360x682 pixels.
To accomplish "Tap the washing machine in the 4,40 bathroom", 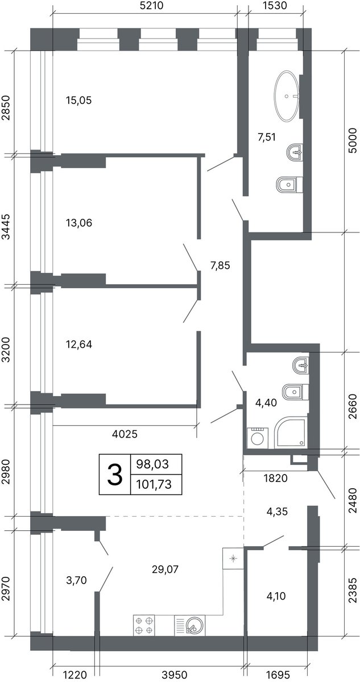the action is (257, 438).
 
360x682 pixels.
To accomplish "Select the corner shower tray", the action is (290, 434).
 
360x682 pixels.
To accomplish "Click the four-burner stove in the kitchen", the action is (144, 625).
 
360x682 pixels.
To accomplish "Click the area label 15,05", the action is (79, 100).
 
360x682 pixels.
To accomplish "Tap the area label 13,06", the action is (79, 223).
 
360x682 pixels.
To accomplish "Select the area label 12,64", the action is (79, 344).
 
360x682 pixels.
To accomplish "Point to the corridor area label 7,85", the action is (220, 265).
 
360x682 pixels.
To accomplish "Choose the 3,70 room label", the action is (76, 580).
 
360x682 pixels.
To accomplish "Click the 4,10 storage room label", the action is (276, 596).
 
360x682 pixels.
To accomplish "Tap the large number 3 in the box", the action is (115, 474).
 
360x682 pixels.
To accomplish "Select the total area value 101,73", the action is (154, 484).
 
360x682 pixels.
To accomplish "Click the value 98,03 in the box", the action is (152, 464).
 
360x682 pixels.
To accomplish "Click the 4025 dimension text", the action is (125, 434).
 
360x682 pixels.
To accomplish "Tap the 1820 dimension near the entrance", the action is (276, 478).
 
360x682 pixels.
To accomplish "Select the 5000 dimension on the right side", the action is (352, 141).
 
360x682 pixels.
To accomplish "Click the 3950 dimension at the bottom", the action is (175, 675).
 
